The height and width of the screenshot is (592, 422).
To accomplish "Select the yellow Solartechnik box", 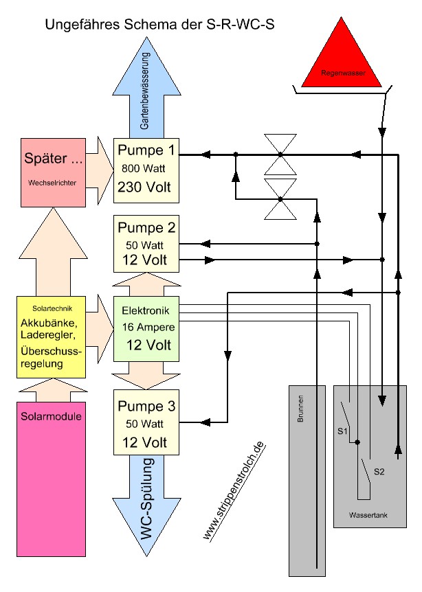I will click(49, 337).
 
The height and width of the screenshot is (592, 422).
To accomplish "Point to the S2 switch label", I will click(378, 472).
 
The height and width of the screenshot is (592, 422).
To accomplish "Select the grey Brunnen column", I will click(302, 481).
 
